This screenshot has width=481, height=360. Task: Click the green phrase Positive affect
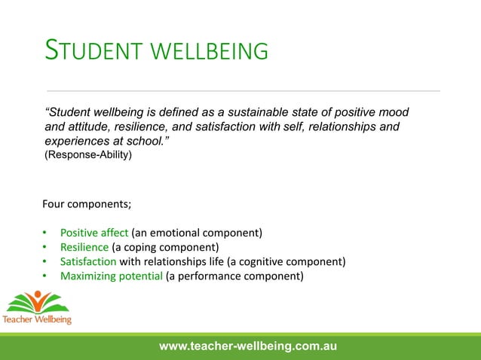pos(94,233)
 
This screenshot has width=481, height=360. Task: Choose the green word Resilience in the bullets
pos(84,247)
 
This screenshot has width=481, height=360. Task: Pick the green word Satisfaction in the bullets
pos(88,261)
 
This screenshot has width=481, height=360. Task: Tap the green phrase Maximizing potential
pos(112,276)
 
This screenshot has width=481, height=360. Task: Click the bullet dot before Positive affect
pos(44,233)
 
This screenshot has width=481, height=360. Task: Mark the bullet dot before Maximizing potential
pos(44,276)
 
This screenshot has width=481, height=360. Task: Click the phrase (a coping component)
pos(165,247)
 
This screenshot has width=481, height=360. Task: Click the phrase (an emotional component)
pos(197,233)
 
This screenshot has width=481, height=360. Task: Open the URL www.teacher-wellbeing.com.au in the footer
pos(248,346)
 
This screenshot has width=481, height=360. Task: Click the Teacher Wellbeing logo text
pos(37,319)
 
